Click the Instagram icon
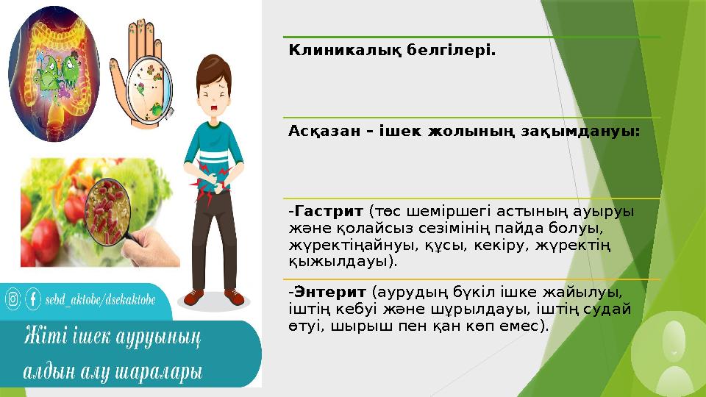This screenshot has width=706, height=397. point(13,299)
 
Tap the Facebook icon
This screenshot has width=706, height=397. point(33,299)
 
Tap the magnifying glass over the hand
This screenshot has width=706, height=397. point(151,88)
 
